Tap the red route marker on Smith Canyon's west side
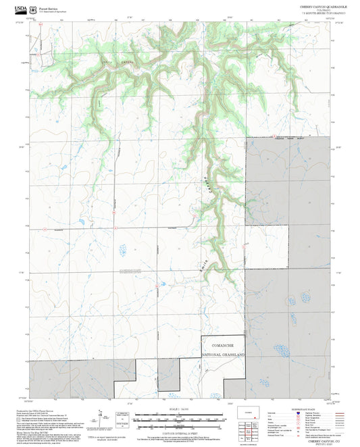coord(194,216)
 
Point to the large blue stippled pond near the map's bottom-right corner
coord(280,351)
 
